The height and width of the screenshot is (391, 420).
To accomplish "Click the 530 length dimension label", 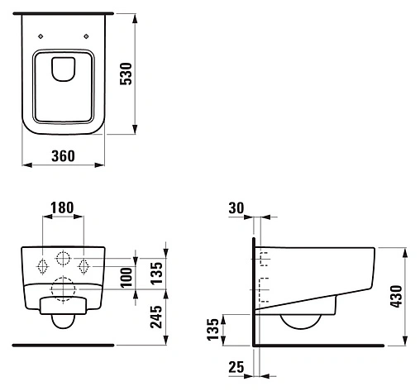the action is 126,74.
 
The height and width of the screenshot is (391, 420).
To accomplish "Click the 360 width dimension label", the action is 63,156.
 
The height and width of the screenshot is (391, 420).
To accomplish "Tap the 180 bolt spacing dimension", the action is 62,207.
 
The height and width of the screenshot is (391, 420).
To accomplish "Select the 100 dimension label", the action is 126,278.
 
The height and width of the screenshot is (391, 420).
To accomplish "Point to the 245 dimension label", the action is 156,317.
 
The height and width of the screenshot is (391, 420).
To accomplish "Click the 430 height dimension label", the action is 396,296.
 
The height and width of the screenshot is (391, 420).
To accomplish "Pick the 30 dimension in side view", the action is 236,208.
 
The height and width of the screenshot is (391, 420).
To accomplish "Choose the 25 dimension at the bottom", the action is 236,367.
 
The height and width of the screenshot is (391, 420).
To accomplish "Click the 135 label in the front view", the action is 156,273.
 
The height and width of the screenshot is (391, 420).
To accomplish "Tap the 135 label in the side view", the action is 212,330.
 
